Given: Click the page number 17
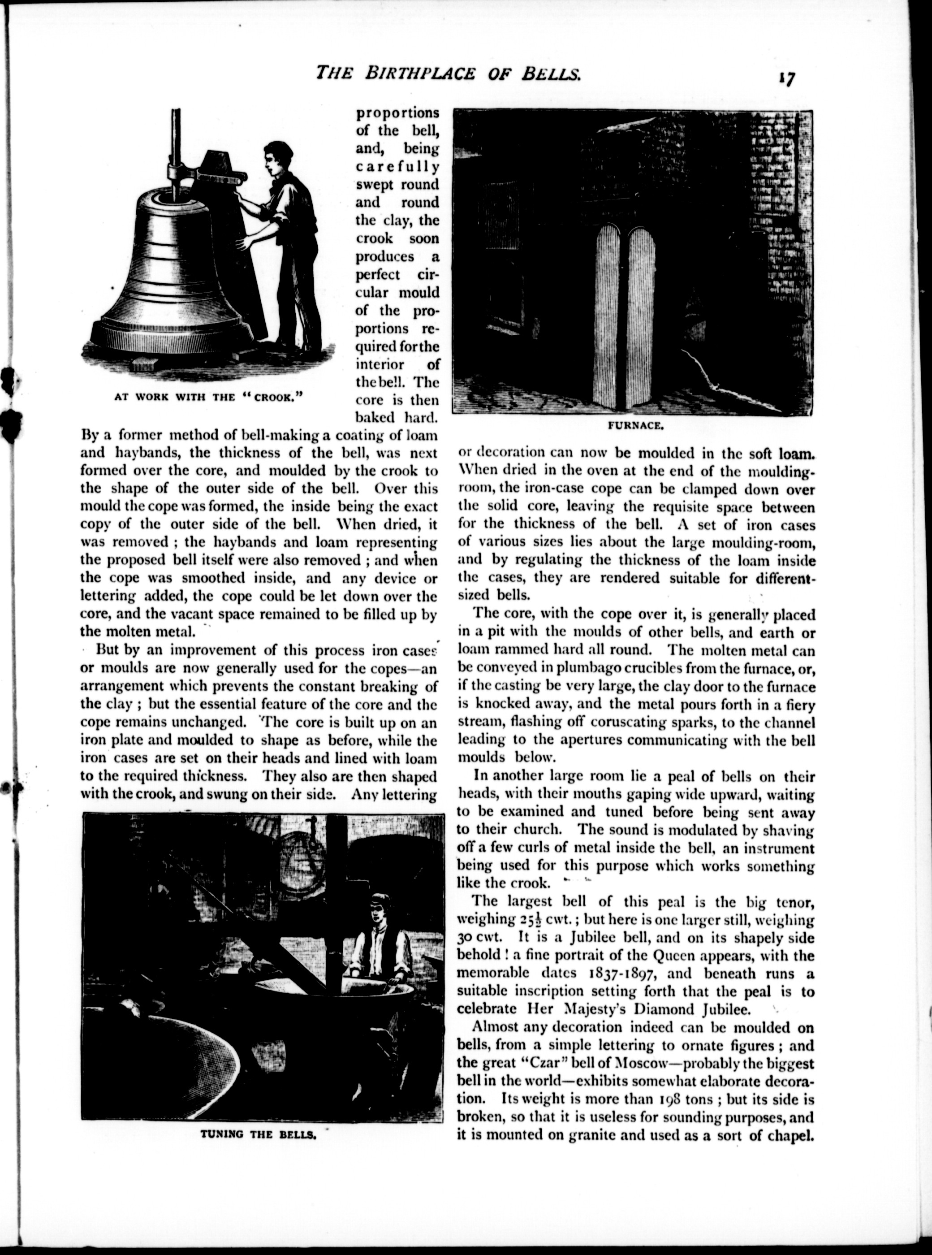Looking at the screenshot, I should [x=786, y=78].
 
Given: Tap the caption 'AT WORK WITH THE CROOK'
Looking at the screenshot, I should [x=209, y=397].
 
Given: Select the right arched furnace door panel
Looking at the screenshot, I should [x=642, y=316].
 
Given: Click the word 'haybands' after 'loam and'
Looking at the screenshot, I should [x=143, y=453].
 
